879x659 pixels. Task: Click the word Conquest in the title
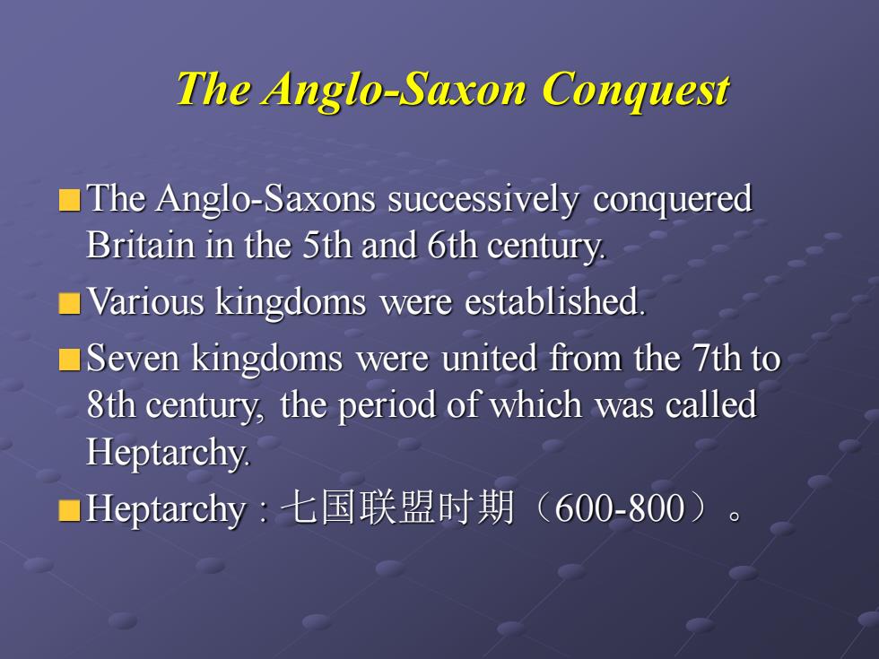(x=635, y=90)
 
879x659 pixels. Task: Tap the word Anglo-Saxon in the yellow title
(x=395, y=90)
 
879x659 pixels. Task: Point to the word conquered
(x=672, y=199)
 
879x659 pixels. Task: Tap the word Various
(x=144, y=301)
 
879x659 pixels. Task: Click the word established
(x=554, y=301)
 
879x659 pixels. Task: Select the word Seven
(x=133, y=358)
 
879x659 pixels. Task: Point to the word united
(x=489, y=358)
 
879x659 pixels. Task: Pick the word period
(x=387, y=406)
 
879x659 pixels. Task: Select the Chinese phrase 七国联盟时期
(x=397, y=507)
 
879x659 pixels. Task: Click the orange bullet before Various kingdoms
(x=70, y=303)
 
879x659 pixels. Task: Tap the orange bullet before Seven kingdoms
(x=70, y=360)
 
